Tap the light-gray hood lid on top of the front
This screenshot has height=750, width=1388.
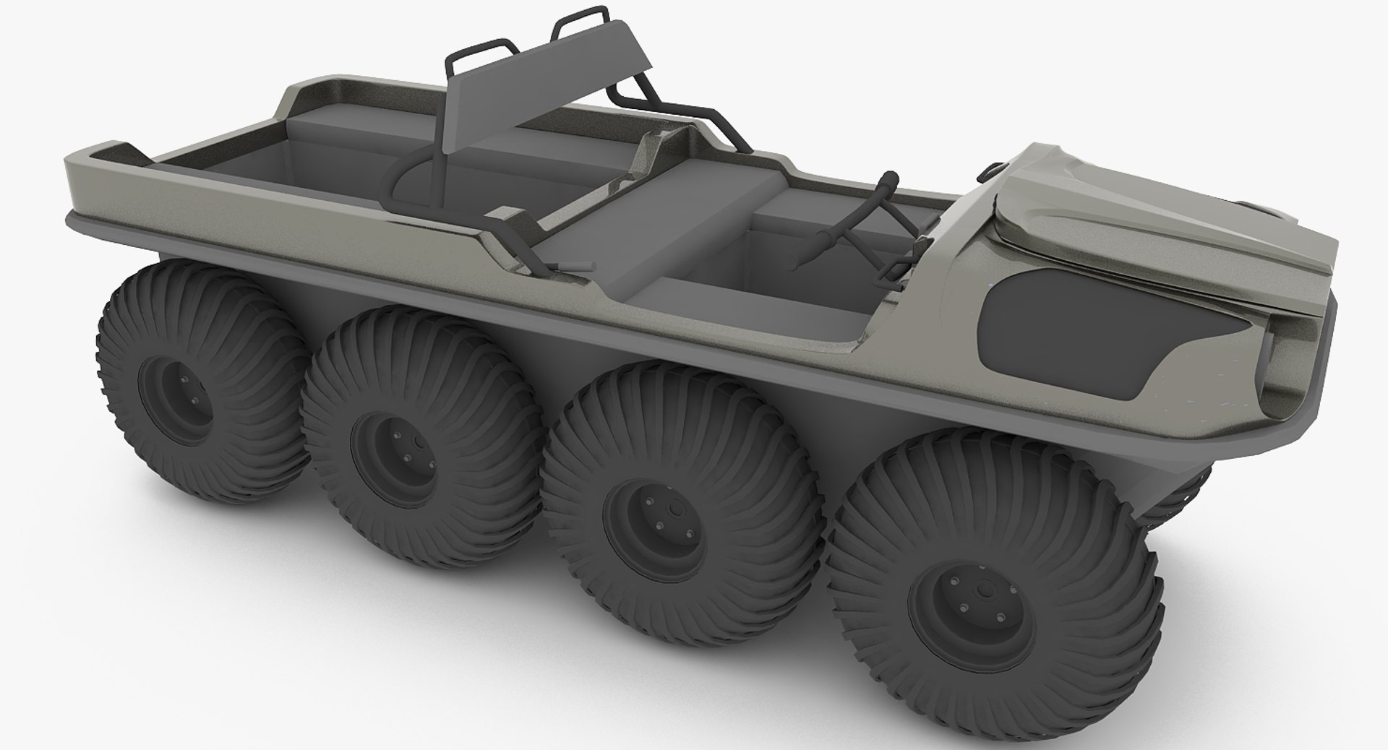[x=1128, y=210]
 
